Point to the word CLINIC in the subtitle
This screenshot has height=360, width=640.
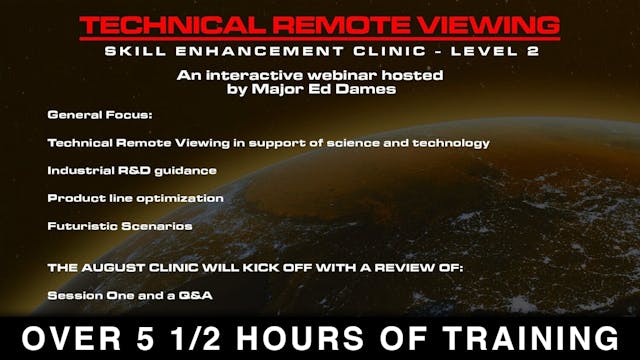363,52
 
